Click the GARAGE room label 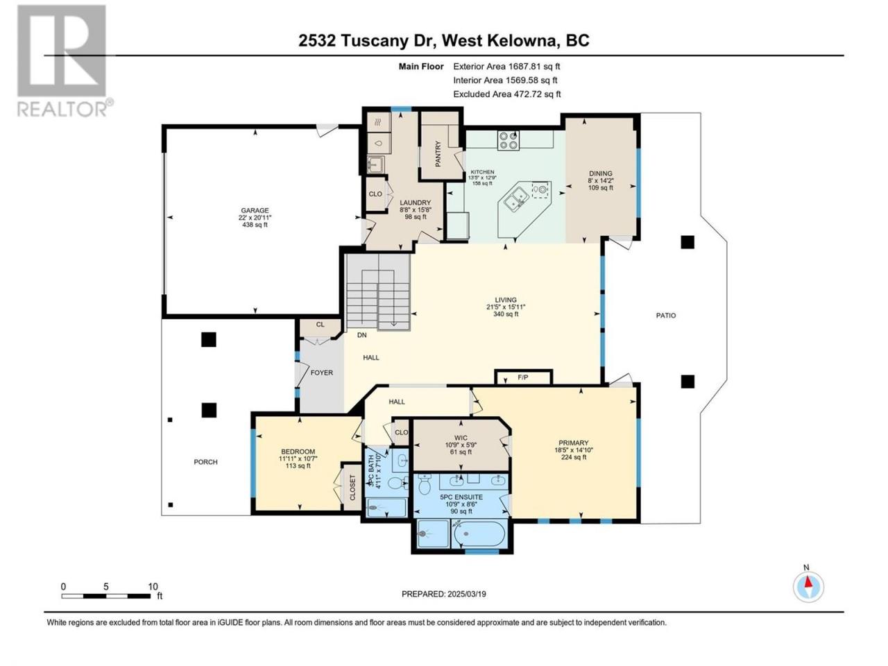click(x=255, y=210)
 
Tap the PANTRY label click(x=438, y=153)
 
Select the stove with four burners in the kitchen click(x=508, y=140)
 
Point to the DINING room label click(x=600, y=173)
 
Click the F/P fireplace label click(x=522, y=377)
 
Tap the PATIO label click(x=665, y=316)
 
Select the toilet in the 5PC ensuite click(x=425, y=484)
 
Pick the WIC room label click(x=461, y=438)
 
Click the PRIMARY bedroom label click(x=573, y=443)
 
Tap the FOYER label click(x=322, y=373)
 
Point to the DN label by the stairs click(x=361, y=335)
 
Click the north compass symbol click(x=808, y=587)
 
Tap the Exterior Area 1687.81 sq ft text click(x=506, y=67)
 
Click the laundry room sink click(x=376, y=164)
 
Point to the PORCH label click(x=205, y=462)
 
